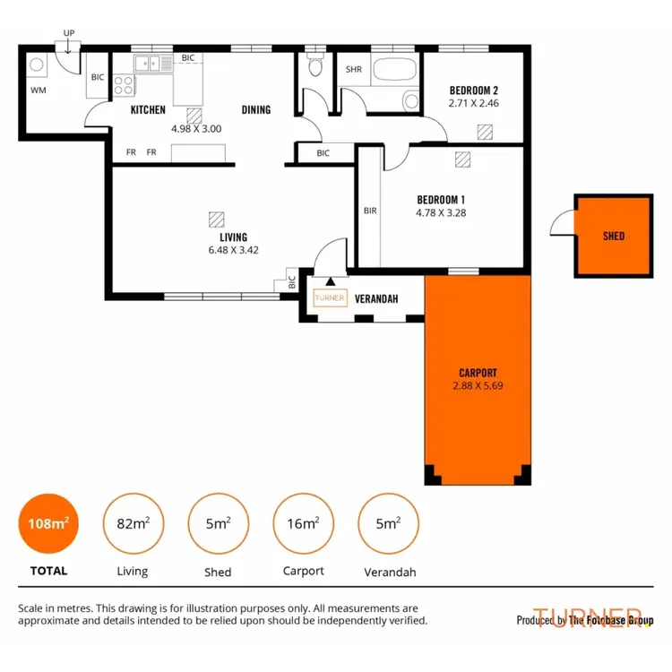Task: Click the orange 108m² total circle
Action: [48, 524]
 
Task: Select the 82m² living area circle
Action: [133, 524]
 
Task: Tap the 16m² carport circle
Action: [302, 524]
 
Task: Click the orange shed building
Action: [614, 236]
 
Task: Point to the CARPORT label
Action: [478, 373]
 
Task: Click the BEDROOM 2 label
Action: [473, 90]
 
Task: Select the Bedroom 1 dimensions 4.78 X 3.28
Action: [441, 213]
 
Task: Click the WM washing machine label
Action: [39, 90]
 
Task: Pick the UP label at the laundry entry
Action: [69, 33]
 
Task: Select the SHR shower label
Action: [353, 69]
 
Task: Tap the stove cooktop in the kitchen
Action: [123, 86]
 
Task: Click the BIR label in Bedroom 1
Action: [370, 211]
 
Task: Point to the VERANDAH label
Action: [376, 299]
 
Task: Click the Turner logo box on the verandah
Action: [330, 299]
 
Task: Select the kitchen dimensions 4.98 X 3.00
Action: [195, 128]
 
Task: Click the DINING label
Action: [256, 110]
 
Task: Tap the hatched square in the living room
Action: [215, 219]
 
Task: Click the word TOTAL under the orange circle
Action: [48, 570]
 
